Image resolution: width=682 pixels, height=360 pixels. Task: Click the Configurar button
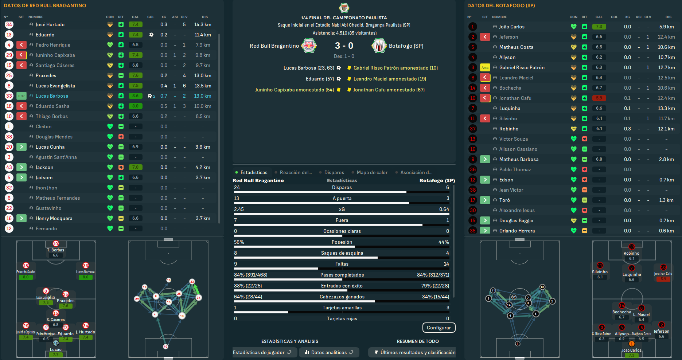(439, 328)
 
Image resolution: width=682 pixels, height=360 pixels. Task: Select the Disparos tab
(334, 172)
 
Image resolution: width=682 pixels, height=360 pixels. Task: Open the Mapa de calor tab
(372, 172)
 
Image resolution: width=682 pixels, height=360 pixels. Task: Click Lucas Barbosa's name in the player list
(52, 96)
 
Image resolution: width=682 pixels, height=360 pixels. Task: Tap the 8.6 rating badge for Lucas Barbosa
(135, 96)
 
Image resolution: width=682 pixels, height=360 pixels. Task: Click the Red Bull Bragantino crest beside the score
(309, 46)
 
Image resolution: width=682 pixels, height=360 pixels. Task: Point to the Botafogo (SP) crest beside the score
(379, 46)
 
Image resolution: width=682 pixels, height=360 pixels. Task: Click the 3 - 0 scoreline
(344, 46)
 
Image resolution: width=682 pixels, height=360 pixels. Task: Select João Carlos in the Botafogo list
(511, 27)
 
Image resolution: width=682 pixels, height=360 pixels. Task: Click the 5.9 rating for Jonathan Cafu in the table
(599, 98)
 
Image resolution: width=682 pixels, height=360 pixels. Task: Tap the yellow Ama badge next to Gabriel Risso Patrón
(485, 67)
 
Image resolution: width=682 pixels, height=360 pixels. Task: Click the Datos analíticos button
(329, 352)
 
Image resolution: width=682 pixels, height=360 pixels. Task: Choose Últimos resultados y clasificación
(414, 352)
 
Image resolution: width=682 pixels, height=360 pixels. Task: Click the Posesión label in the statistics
(342, 242)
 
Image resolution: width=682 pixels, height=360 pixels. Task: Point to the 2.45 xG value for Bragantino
(239, 209)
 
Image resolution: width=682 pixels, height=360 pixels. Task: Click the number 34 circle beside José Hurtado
(9, 24)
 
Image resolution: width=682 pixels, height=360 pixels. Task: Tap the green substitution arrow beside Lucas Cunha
(22, 147)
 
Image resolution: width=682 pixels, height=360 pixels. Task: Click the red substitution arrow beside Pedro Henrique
(22, 45)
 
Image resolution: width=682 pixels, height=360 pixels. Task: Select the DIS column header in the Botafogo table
(668, 17)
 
